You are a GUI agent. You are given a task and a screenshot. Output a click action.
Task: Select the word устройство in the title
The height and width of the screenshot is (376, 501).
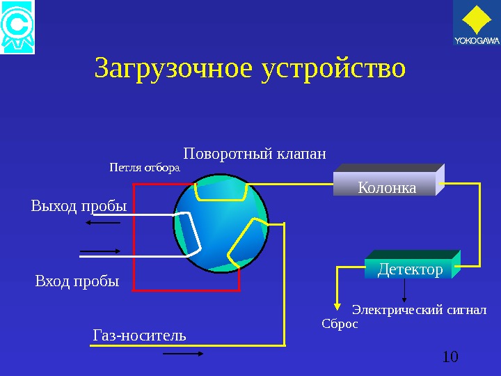333,69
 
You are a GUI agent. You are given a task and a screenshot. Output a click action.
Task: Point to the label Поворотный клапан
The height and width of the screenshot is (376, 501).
255,152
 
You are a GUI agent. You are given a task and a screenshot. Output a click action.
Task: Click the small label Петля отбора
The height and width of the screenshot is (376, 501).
145,168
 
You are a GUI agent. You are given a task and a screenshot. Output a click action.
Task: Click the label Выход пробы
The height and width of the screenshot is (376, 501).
79,206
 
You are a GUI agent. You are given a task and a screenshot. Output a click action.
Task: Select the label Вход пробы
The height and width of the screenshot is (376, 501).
77,281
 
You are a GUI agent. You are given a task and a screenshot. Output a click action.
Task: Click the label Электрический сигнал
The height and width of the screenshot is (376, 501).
420,309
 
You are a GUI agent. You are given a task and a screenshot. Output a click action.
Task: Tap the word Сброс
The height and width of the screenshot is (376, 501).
340,324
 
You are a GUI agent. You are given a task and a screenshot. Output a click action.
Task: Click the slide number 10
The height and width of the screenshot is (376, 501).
450,357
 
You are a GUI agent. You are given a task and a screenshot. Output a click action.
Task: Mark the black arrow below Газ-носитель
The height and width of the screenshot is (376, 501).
183,354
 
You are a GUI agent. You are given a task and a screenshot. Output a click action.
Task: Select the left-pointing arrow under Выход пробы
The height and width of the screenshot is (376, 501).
103,223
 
